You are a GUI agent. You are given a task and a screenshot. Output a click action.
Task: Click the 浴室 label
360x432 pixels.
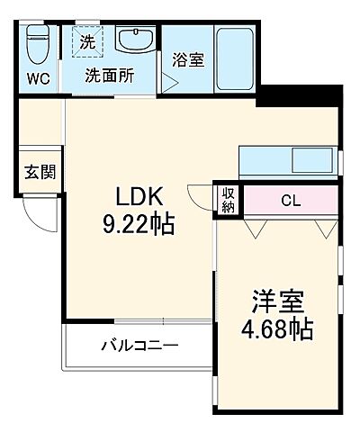coord(187,61)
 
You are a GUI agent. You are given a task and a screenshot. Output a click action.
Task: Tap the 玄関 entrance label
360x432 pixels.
coord(39,171)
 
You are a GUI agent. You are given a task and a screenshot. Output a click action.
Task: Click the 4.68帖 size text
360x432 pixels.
coord(275,330)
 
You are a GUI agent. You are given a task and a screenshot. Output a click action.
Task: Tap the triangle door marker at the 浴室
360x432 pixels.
coord(166,84)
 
